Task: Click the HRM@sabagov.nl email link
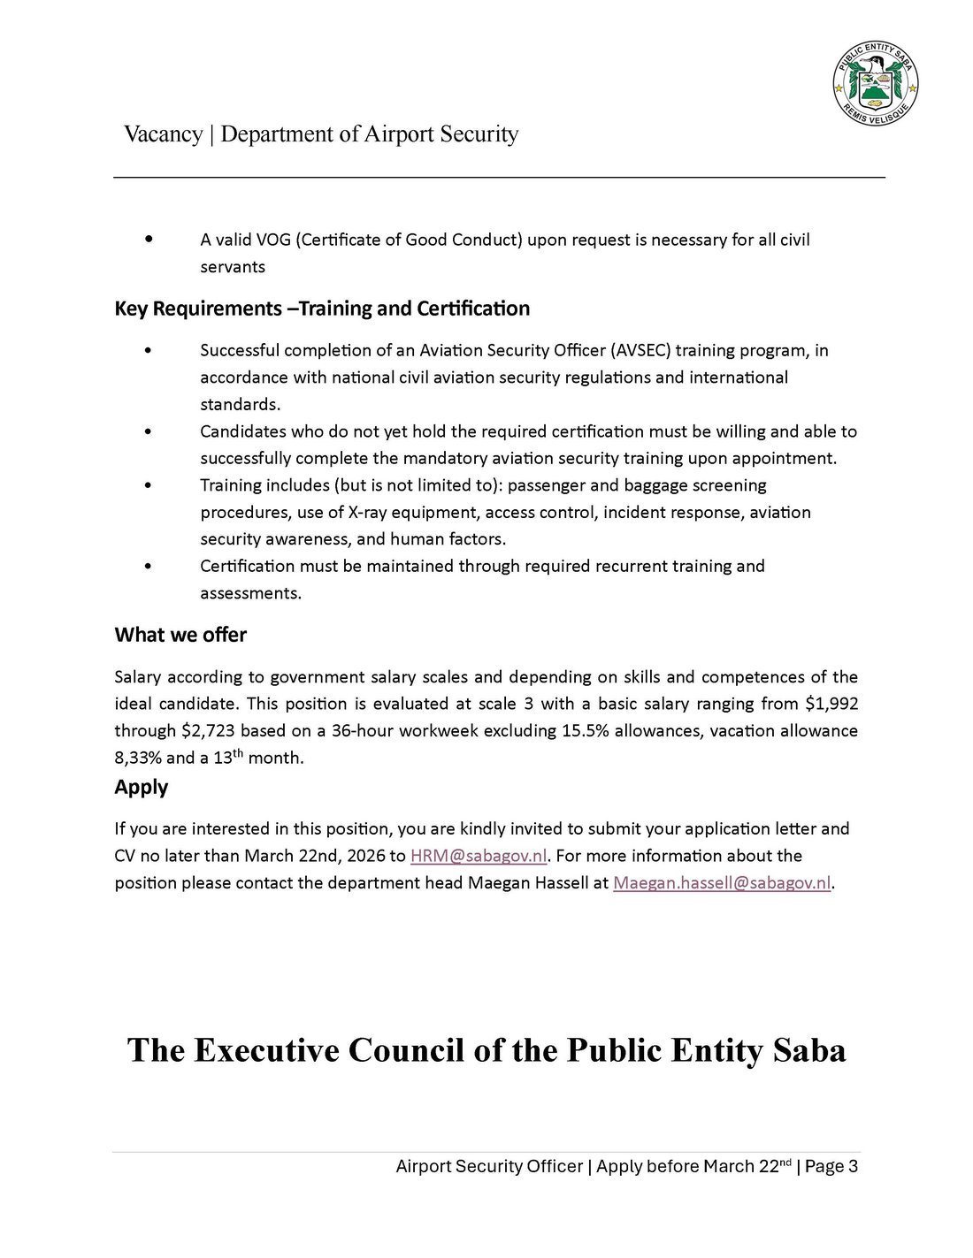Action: point(479,856)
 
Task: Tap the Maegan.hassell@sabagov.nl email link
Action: point(722,883)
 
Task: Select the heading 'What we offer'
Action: point(180,635)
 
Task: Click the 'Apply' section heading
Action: point(141,787)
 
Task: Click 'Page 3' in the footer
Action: point(831,1166)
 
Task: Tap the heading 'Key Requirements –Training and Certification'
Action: point(322,309)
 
